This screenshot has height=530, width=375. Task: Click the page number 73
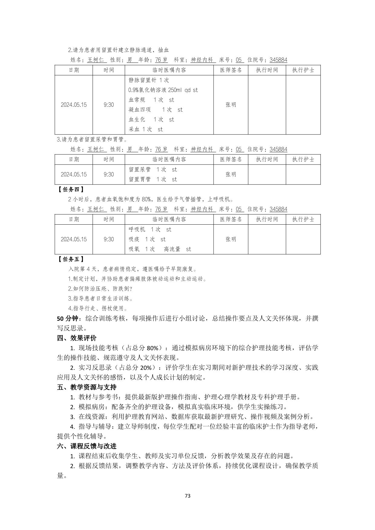coord(187,496)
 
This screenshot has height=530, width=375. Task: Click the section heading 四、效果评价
coord(77,338)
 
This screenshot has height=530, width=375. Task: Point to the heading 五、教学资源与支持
coord(87,387)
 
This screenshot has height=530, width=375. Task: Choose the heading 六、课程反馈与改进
coord(87,446)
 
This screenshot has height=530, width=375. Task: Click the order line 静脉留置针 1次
coord(149,80)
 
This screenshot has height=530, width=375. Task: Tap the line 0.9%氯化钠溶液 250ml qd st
coord(163,90)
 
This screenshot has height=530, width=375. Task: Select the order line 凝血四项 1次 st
coord(155,109)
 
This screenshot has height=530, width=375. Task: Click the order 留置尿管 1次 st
coord(153,169)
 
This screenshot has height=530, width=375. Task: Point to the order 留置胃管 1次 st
coord(153,179)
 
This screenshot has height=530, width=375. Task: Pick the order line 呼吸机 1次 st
coord(150,229)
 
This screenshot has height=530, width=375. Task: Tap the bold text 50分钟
coord(67,318)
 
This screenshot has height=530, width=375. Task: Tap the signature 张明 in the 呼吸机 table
coord(231,239)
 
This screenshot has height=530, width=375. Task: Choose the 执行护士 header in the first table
coord(303,70)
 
